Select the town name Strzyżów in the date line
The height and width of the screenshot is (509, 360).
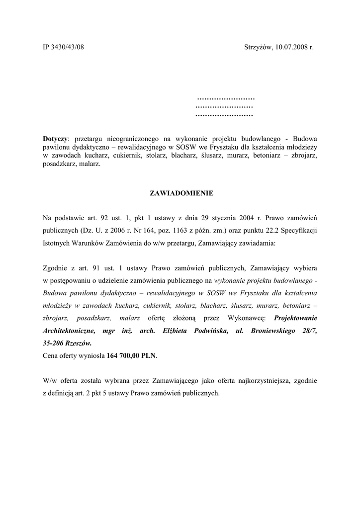(258, 47)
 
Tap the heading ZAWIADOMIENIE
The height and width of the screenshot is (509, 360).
(181, 192)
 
